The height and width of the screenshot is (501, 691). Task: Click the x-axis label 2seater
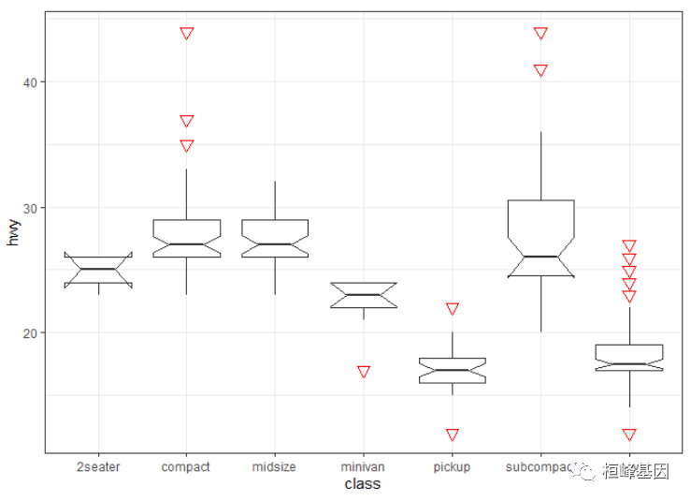pyautogui.click(x=98, y=466)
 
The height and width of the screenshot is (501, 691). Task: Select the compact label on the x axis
pyautogui.click(x=186, y=466)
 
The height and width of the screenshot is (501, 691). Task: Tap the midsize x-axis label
pyautogui.click(x=275, y=466)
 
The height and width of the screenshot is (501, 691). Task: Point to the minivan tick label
pyautogui.click(x=363, y=466)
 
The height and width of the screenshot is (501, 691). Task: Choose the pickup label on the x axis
pyautogui.click(x=452, y=466)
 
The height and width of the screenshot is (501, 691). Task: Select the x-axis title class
pyautogui.click(x=362, y=484)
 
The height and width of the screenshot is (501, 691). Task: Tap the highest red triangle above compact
pyautogui.click(x=187, y=33)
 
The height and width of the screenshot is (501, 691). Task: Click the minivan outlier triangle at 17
pyautogui.click(x=364, y=372)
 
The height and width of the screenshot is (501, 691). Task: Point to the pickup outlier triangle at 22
pyautogui.click(x=453, y=308)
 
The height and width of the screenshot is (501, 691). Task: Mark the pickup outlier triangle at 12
pyautogui.click(x=453, y=434)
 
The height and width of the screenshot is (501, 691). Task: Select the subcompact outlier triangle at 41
pyautogui.click(x=540, y=70)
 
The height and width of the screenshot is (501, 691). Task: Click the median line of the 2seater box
pyautogui.click(x=98, y=269)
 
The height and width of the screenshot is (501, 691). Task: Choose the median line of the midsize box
pyautogui.click(x=275, y=243)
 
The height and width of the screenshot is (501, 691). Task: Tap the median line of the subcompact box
pyautogui.click(x=540, y=257)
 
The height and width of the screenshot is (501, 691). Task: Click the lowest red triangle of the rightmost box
pyautogui.click(x=629, y=434)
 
